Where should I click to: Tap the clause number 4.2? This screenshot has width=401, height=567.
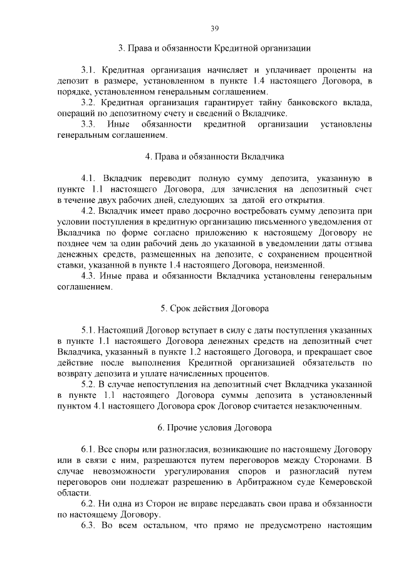(x=88, y=211)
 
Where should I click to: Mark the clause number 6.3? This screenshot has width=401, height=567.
(x=88, y=525)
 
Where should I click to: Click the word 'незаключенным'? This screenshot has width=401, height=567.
(x=329, y=406)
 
